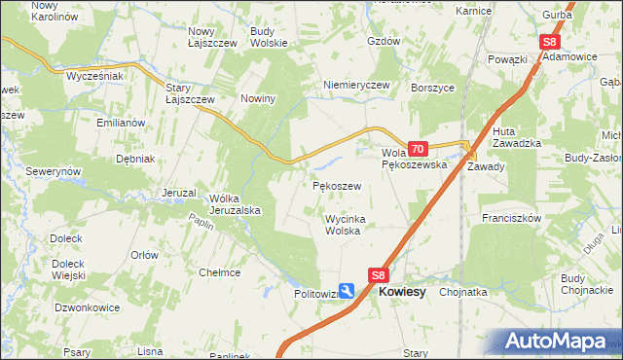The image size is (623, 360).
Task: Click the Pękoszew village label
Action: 338,185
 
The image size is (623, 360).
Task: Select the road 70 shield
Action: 418,149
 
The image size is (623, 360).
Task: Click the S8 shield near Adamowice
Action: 550,42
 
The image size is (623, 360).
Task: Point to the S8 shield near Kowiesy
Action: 379,275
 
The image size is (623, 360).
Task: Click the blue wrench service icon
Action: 348,292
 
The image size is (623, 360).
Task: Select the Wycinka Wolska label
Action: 344,225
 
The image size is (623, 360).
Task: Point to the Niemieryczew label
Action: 356,85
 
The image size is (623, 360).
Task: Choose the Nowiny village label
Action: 259,98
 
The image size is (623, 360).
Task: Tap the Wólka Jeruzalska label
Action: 235,204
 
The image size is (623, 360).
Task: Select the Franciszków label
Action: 510,219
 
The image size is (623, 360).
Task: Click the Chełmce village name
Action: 219,272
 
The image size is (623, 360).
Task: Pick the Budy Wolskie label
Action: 268,37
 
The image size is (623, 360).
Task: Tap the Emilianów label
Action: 121,123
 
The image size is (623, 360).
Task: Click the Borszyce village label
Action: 434,87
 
